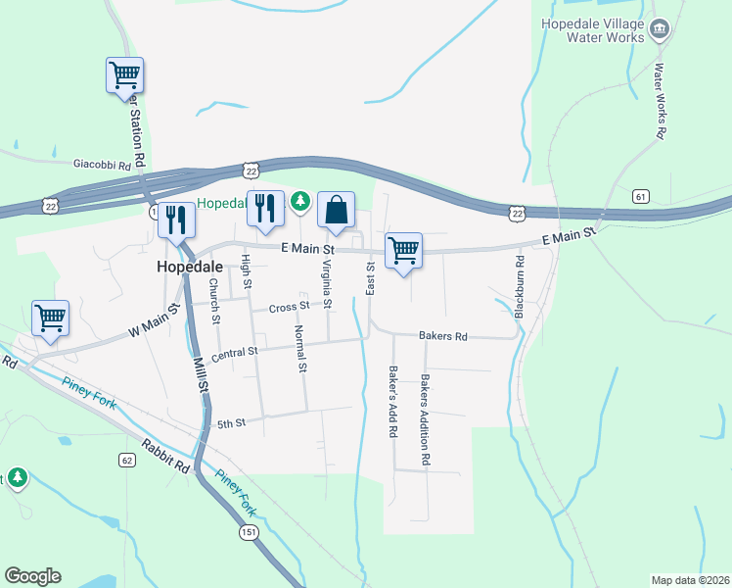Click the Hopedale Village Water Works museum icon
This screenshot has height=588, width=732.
click(660, 29)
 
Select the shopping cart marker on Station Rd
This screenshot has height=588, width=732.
click(124, 75)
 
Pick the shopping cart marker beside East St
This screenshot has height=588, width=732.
click(403, 251)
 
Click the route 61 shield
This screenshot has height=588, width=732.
click(641, 196)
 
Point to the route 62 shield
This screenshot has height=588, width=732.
click(127, 460)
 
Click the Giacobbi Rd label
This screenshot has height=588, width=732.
click(102, 166)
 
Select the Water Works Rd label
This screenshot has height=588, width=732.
click(660, 101)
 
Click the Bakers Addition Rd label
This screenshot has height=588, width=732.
click(426, 418)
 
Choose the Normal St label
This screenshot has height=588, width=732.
click(301, 349)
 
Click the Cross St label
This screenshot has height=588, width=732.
click(290, 306)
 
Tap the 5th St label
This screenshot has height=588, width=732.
click(230, 423)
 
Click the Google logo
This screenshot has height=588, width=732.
click(32, 576)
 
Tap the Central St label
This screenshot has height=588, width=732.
click(234, 352)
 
